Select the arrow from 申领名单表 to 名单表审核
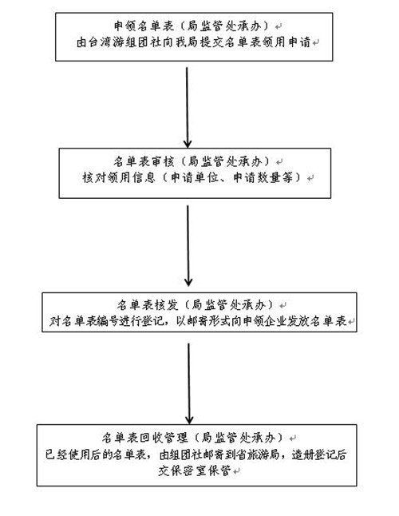[187, 108]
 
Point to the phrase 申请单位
[195, 177]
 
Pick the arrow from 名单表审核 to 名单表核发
[188, 246]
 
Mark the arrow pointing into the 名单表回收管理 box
[189, 383]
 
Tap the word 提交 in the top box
[211, 42]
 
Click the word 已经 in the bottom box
[57, 454]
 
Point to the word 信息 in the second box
[144, 177]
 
